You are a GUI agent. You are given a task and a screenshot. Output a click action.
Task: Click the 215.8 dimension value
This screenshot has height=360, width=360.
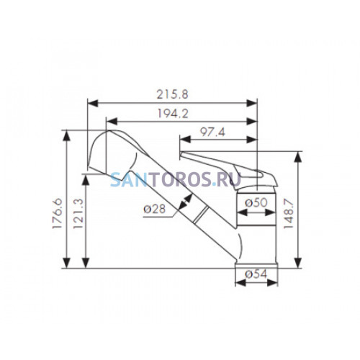(x=172, y=94)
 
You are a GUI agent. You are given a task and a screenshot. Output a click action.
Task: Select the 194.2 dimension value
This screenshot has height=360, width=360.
(x=173, y=113)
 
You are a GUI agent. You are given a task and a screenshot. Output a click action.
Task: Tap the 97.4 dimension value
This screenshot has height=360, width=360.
(x=212, y=132)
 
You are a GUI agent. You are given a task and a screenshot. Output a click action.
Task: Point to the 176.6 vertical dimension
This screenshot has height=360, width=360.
(x=58, y=213)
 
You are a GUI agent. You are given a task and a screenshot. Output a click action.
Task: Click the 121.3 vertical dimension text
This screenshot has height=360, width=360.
(x=78, y=214)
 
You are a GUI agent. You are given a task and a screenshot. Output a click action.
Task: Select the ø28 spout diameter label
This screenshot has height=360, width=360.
(x=155, y=209)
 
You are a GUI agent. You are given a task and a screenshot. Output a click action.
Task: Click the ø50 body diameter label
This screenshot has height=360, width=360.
(x=256, y=203)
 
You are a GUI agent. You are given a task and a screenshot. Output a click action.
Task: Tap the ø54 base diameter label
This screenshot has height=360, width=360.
(x=256, y=274)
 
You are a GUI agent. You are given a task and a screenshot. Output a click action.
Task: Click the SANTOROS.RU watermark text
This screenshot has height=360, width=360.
(x=176, y=179)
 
